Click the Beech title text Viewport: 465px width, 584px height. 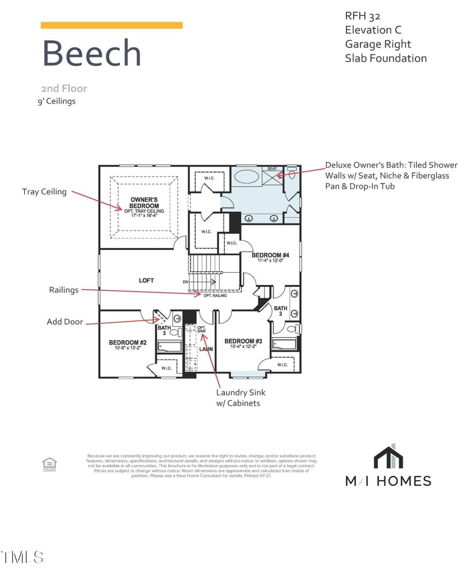coord(91,53)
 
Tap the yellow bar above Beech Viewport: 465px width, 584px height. coord(111,25)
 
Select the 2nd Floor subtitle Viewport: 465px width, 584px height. coord(64,88)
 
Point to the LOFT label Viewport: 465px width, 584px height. coord(146,280)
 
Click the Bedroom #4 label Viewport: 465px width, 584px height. coord(270,255)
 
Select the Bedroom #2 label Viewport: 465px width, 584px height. coord(127,343)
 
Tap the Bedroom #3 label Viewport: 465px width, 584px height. coord(243,341)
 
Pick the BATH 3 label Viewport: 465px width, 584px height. coord(164,331)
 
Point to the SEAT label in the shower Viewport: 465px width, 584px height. coord(272,169)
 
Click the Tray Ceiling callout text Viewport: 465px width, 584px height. coord(44,192)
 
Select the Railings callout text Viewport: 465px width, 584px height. coord(63,290)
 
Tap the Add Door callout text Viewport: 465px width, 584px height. coord(65,321)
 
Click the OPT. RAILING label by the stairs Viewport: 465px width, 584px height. coord(214,295)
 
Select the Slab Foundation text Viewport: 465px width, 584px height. coord(386,58)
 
